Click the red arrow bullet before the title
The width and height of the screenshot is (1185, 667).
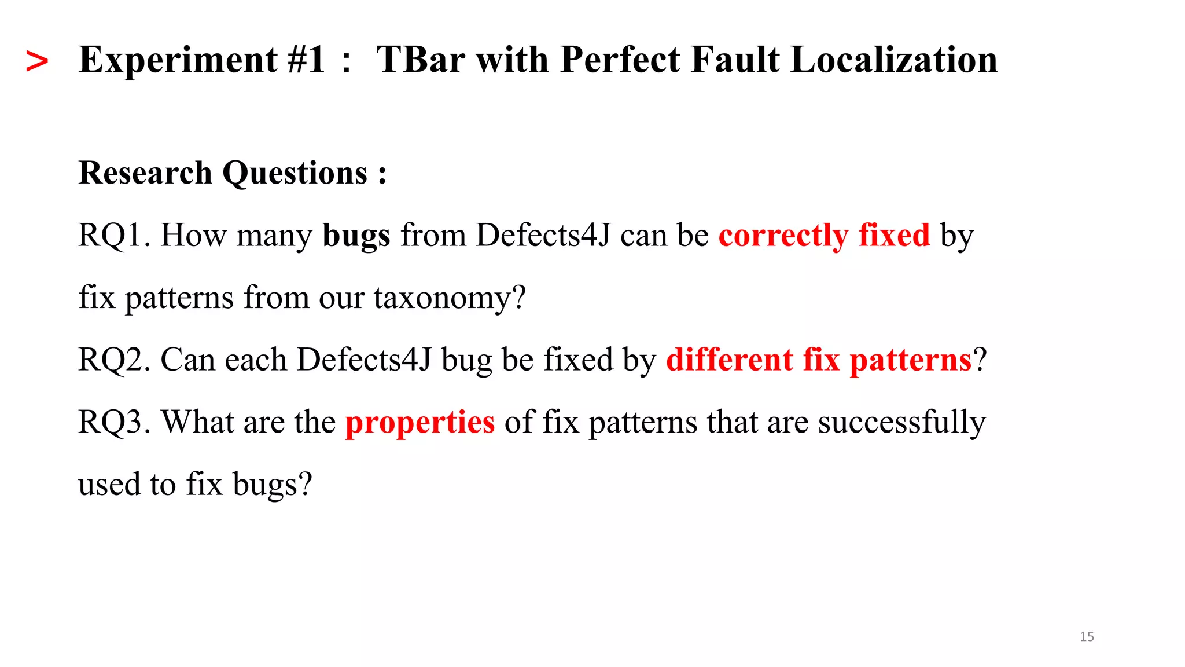click(37, 61)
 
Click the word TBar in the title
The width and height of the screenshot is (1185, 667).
click(421, 60)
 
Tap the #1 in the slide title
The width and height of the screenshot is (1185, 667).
click(306, 60)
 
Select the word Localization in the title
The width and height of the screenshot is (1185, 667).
click(893, 60)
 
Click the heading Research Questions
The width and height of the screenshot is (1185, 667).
click(232, 173)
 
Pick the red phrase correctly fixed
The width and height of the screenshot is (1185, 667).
click(824, 236)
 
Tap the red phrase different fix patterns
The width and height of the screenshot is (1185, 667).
click(819, 360)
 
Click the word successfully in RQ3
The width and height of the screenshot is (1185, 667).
click(901, 422)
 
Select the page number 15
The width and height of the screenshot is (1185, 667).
click(1087, 637)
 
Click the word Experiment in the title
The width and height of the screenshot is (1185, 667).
click(178, 60)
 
